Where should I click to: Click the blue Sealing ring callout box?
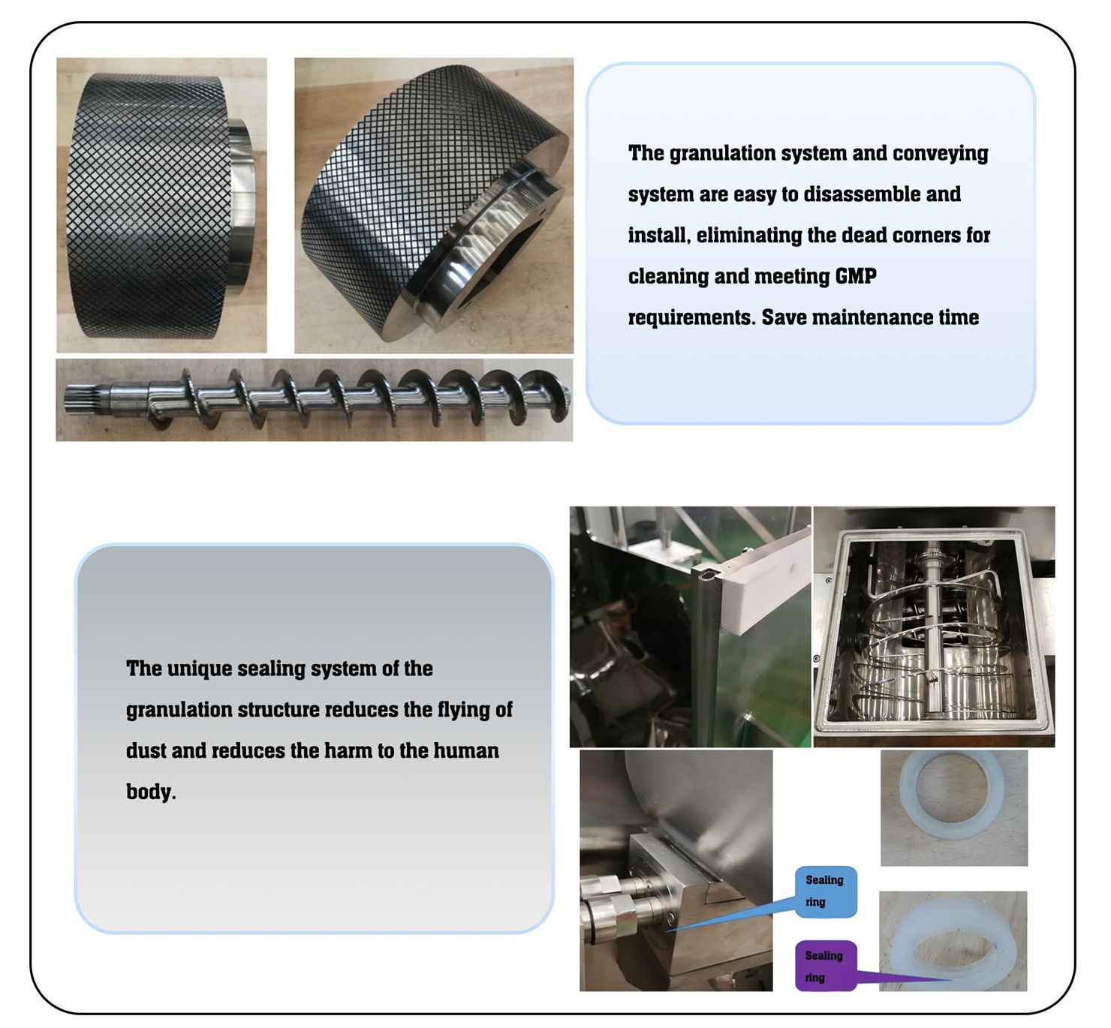coord(826,892)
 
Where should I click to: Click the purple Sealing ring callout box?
coord(826,966)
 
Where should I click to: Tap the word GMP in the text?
coord(856,276)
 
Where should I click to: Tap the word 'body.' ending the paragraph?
coord(151,792)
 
